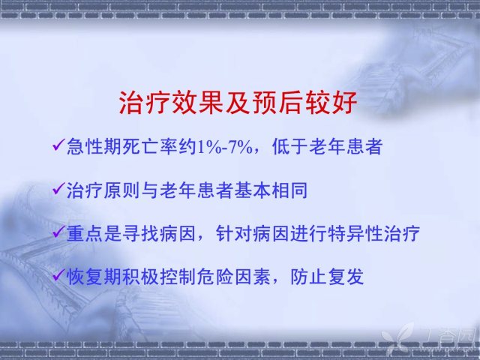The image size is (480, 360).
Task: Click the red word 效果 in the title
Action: click(x=197, y=102)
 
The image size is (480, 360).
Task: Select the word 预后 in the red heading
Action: click(x=277, y=102)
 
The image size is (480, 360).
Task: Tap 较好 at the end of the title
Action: click(x=331, y=102)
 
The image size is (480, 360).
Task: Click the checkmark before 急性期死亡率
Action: click(x=58, y=145)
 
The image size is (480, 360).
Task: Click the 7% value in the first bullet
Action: click(x=241, y=147)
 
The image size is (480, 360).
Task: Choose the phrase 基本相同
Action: click(x=271, y=190)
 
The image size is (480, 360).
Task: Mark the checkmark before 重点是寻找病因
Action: click(x=58, y=232)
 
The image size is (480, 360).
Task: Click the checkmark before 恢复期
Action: click(x=58, y=275)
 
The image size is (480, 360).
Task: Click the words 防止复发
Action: click(x=327, y=277)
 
